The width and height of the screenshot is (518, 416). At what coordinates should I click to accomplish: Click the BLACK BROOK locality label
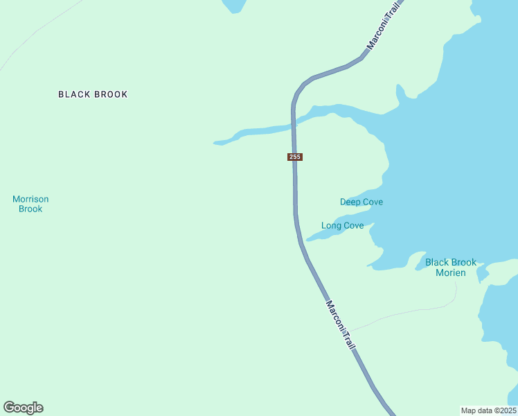(x=93, y=94)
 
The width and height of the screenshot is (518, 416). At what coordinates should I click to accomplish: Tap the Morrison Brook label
(x=30, y=204)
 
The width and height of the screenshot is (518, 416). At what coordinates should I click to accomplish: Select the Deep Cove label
(x=361, y=202)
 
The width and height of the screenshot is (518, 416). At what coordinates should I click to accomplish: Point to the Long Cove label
(x=342, y=225)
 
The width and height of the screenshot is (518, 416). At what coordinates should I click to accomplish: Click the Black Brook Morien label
(x=451, y=267)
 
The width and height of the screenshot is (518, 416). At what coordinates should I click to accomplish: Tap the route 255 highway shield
(x=294, y=157)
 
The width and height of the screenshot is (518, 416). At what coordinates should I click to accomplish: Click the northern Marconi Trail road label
(x=383, y=28)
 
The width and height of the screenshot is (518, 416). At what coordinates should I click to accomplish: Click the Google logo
(x=23, y=408)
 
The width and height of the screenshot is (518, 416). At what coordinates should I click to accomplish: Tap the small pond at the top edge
(x=233, y=5)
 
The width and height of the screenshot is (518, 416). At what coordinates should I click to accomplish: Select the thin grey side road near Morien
(x=416, y=311)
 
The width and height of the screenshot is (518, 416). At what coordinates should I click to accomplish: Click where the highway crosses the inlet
(x=294, y=123)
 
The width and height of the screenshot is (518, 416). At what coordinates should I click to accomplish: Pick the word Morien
(x=451, y=272)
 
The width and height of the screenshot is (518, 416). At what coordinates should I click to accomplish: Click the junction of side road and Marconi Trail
(x=348, y=331)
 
